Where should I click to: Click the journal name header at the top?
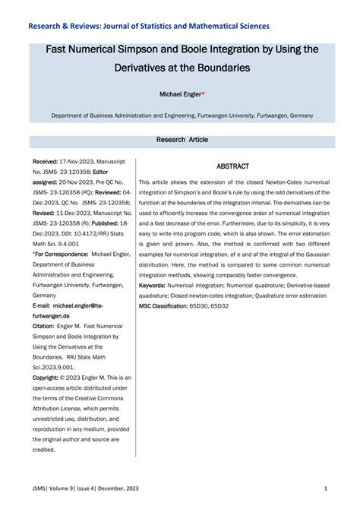click(x=148, y=26)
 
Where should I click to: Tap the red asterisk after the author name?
click(x=204, y=93)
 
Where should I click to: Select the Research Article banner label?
click(x=182, y=140)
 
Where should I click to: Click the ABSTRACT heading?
click(x=232, y=166)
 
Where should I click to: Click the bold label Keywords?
click(x=156, y=284)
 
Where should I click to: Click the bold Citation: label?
click(x=48, y=324)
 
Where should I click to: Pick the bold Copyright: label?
click(x=50, y=377)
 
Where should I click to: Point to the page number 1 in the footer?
click(x=325, y=488)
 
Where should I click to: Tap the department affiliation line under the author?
click(x=182, y=117)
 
